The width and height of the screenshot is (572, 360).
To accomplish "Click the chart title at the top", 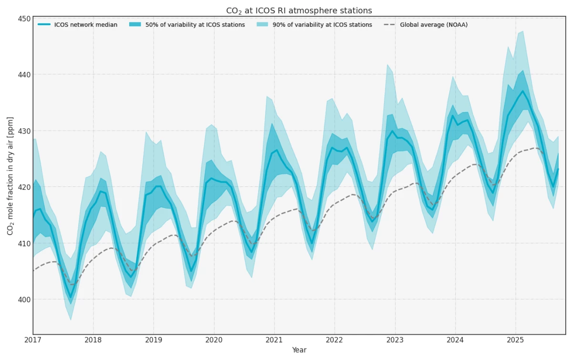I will [x=298, y=10].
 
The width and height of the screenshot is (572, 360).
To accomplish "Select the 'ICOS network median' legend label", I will [x=86, y=25].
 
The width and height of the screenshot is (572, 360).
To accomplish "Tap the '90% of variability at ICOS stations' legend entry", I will [x=322, y=25].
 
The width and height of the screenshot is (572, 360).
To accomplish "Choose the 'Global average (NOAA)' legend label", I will [x=434, y=25].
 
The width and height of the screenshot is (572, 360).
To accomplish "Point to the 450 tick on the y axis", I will [x=25, y=19].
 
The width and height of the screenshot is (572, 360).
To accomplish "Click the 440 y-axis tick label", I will [x=25, y=75].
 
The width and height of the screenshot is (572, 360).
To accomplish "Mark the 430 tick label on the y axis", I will [x=25, y=131].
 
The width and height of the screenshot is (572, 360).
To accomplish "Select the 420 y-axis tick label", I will [x=25, y=187].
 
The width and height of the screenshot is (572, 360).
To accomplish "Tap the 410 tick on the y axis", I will [x=25, y=244].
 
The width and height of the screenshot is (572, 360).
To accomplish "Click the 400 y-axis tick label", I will [x=25, y=300].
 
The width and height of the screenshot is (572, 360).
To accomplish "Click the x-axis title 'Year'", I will [x=299, y=350].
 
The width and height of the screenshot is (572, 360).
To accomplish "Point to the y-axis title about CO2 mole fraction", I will [x=10, y=176].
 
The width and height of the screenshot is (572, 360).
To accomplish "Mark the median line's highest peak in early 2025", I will [x=523, y=91].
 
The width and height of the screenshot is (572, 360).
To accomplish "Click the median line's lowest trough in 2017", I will [x=71, y=298].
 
